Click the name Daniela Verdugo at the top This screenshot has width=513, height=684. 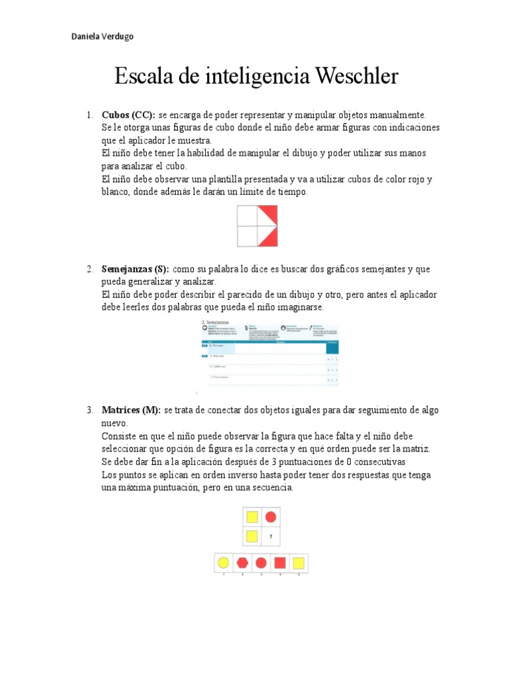[102, 36]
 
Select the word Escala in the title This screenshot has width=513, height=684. [142, 76]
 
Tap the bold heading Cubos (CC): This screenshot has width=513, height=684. [128, 115]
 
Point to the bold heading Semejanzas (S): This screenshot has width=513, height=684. [136, 269]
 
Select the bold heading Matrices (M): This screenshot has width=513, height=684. [131, 409]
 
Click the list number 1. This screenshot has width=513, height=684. [90, 115]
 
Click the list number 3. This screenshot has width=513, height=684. [90, 409]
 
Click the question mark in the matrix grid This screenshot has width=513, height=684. [271, 536]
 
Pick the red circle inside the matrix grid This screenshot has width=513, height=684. [271, 516]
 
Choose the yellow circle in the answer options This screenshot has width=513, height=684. [224, 562]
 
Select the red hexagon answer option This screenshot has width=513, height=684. [242, 562]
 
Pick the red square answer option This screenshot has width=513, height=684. [280, 562]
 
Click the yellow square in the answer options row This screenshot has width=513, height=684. [299, 562]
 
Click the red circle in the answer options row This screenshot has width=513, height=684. [261, 562]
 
